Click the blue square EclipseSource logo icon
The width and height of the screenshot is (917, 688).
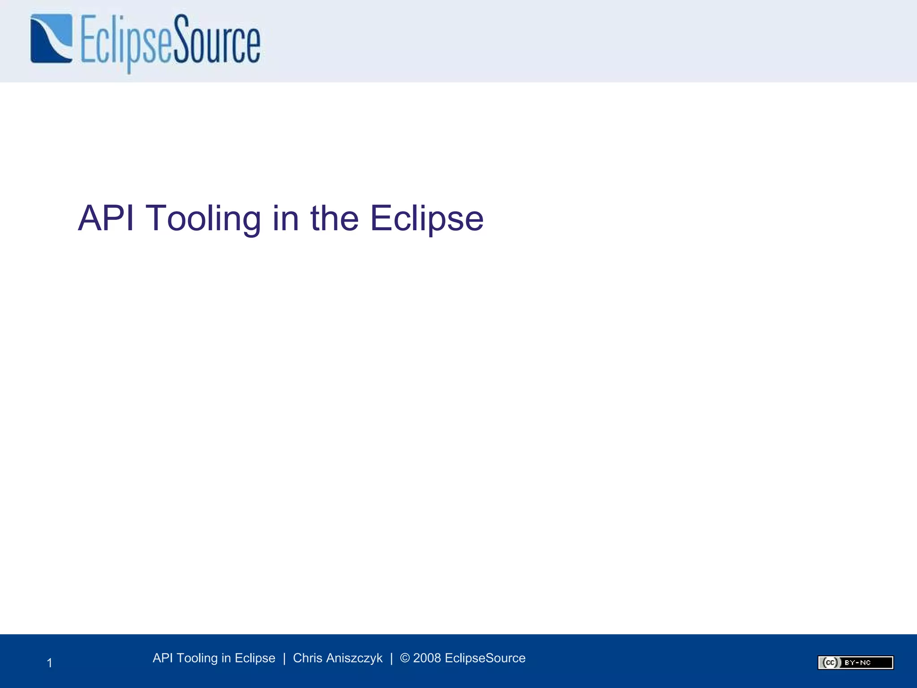(51, 39)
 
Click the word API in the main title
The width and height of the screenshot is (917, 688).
(106, 218)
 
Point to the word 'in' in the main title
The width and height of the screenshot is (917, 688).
(285, 218)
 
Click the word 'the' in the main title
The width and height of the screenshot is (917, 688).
(334, 218)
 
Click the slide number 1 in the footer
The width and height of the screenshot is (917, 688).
(50, 663)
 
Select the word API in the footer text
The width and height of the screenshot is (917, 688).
(163, 658)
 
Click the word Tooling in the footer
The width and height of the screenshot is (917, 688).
(197, 658)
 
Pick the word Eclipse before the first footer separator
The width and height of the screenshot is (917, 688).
(255, 658)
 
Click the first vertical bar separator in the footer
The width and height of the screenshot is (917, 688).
(284, 658)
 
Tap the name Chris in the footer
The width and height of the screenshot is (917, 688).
(308, 658)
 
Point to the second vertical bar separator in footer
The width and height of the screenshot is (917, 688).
(391, 658)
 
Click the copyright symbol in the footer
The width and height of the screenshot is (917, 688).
(405, 658)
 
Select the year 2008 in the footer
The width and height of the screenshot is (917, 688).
(427, 658)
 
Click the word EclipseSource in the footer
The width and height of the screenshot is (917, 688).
(485, 658)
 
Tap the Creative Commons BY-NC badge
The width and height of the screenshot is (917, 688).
(855, 662)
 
